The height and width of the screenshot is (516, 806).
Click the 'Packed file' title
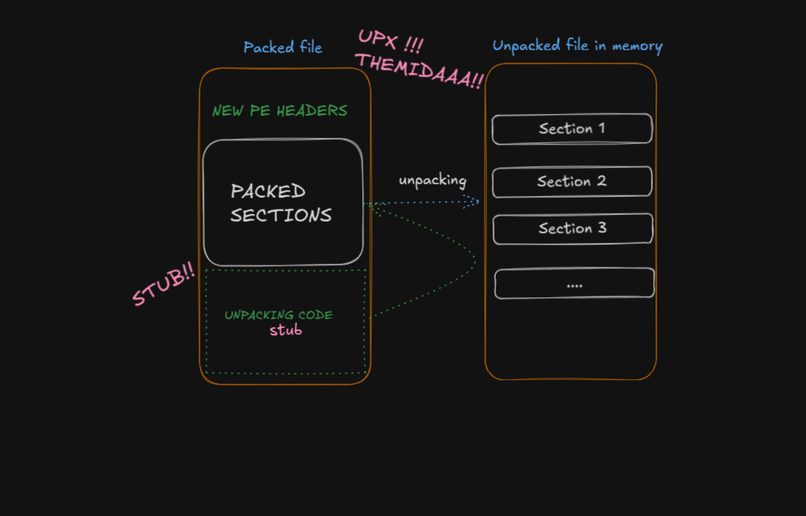(283, 47)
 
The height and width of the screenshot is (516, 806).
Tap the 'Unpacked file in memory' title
(577, 46)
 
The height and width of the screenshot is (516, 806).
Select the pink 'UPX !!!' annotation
(391, 41)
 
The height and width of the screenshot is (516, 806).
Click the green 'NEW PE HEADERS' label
(280, 111)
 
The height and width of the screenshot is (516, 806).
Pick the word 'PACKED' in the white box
(268, 191)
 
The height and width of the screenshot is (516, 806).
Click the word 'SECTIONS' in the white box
(281, 216)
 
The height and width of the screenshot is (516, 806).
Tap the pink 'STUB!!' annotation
(163, 284)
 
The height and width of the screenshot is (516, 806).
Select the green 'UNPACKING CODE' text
(279, 315)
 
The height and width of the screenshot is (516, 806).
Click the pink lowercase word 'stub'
(286, 330)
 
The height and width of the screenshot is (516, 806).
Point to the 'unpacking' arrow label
(432, 180)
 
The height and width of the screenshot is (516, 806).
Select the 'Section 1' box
(572, 129)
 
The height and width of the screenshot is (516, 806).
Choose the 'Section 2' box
(572, 181)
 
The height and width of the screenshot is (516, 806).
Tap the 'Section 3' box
(572, 229)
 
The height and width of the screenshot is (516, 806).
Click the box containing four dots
(574, 283)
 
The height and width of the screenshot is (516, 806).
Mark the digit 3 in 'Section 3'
(602, 228)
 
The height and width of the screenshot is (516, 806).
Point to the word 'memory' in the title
(637, 47)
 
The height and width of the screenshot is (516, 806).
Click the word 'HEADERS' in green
(312, 111)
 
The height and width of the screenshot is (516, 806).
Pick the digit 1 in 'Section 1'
(601, 128)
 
